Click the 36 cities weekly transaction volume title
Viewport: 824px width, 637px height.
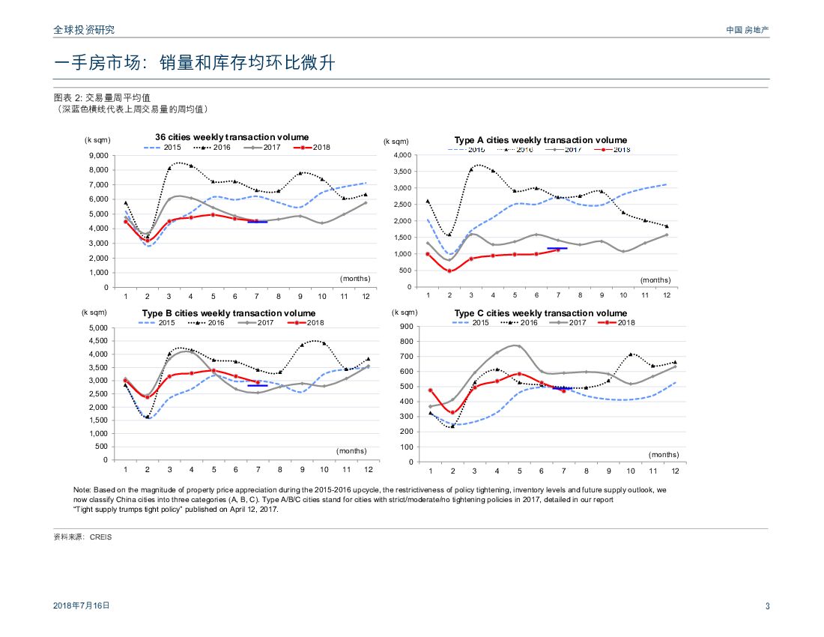231,137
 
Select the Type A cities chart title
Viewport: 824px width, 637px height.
540,140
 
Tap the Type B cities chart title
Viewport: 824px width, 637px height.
228,313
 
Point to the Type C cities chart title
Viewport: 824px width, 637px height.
540,313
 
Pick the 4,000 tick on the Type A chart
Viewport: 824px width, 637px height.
403,155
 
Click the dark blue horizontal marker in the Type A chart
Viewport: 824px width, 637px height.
557,248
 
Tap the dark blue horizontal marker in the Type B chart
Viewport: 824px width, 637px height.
257,386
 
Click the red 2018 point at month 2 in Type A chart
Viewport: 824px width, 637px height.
449,271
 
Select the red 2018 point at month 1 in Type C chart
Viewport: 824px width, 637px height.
430,390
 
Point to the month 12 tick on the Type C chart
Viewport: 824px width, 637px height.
675,471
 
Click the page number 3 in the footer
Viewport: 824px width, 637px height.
767,606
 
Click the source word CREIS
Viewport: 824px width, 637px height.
100,537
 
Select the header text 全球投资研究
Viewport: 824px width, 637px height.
84,30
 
